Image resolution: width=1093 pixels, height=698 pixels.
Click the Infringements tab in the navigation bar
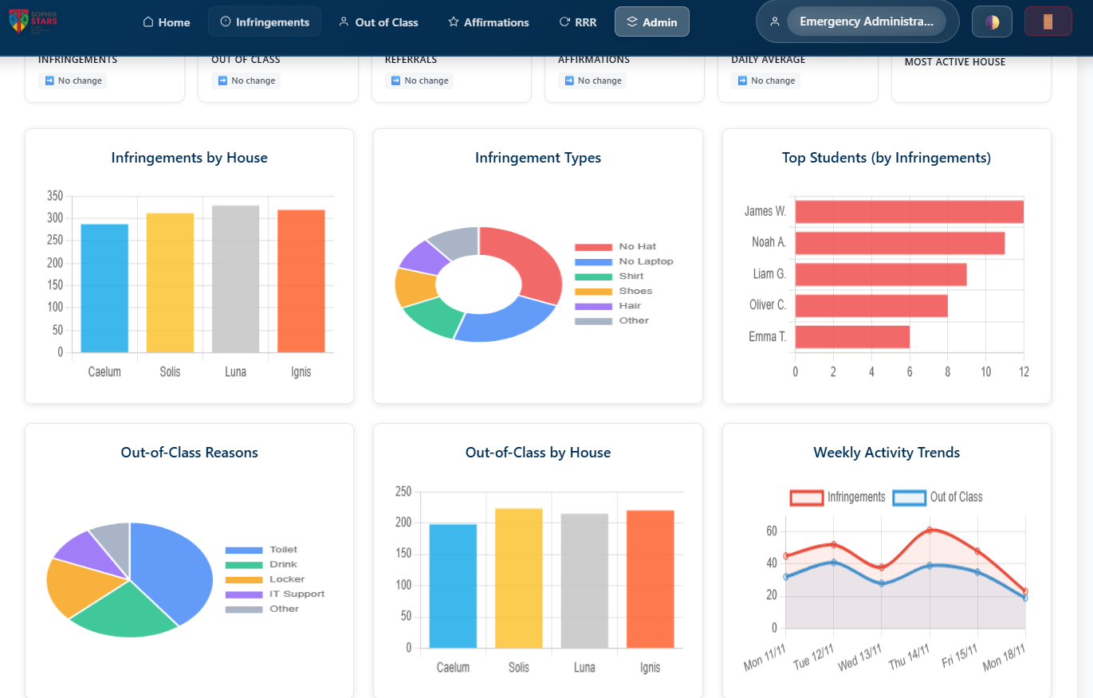point(264,22)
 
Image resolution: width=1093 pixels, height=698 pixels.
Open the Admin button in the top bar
point(651,22)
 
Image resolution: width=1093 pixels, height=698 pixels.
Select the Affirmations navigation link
point(488,22)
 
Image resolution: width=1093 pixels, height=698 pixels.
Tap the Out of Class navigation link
point(378,22)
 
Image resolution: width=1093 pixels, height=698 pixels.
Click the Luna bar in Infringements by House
point(235,279)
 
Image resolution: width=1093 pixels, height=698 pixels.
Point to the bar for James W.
point(909,212)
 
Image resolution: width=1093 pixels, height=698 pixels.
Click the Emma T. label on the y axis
point(767,337)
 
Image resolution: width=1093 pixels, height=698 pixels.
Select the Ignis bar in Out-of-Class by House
point(650,578)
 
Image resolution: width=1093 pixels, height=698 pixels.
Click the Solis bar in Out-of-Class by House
point(518,578)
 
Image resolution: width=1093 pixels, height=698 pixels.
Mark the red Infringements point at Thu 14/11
point(930,530)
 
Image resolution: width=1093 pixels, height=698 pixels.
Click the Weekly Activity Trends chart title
point(887,453)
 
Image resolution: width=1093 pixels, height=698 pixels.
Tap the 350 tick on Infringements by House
point(55,196)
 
